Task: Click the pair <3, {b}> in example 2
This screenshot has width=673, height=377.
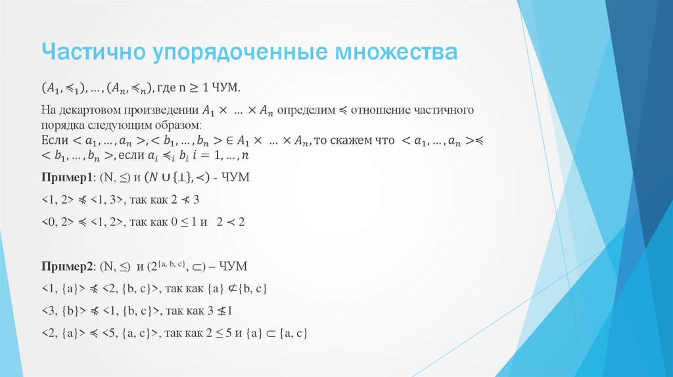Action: click(62, 311)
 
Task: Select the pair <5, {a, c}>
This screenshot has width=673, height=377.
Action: click(130, 333)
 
